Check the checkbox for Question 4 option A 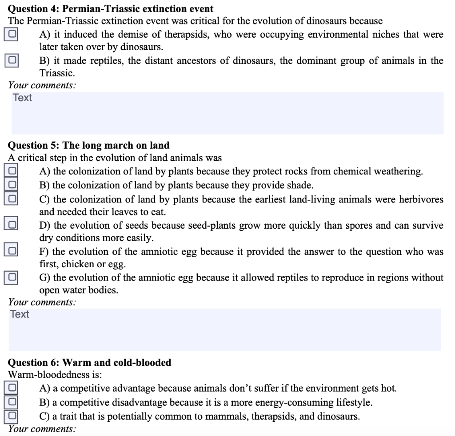tap(12, 34)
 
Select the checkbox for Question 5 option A tap(12, 170)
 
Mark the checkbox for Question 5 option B tap(12, 184)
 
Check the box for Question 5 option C tap(12, 198)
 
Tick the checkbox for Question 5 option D tap(12, 225)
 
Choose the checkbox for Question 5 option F tap(12, 251)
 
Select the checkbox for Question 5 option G tap(12, 277)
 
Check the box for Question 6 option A tap(12, 388)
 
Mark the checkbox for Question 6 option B tap(12, 402)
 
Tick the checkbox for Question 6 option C tap(12, 416)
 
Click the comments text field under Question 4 tap(227, 113)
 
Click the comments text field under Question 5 tap(224, 329)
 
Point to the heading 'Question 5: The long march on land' tap(89, 145)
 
